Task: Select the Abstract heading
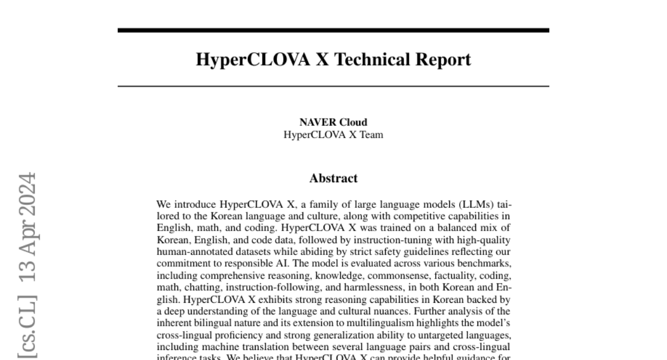pyautogui.click(x=333, y=178)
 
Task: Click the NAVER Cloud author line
pyautogui.click(x=333, y=122)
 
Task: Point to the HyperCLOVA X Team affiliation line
pyautogui.click(x=333, y=134)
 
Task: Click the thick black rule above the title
pyautogui.click(x=333, y=30)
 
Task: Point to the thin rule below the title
pyautogui.click(x=333, y=86)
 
